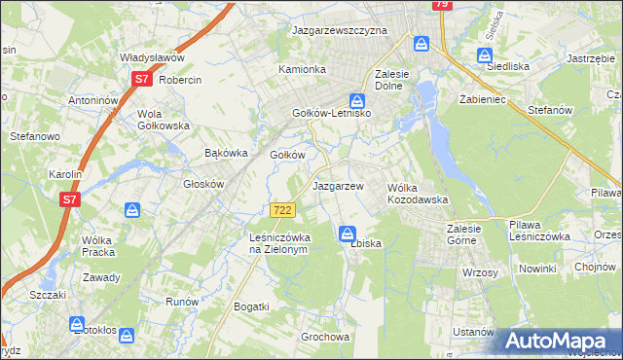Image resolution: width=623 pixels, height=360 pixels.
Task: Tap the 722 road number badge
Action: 282,210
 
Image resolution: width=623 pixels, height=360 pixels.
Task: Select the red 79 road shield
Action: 442,5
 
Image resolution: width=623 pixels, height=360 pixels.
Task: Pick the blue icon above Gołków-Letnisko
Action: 358,99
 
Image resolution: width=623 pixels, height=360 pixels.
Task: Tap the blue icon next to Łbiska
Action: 348,233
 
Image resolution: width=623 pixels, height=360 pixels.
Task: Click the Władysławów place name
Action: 152,57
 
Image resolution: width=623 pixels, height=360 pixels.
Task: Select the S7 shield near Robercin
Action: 142,79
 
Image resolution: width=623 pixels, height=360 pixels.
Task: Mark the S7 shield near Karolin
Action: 69,199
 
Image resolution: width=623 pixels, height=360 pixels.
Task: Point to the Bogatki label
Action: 251,306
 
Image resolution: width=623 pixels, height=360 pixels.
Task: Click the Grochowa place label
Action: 325,338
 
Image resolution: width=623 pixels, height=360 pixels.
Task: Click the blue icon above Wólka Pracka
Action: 132,209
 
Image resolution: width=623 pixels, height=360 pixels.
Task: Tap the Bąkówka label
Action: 227,153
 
